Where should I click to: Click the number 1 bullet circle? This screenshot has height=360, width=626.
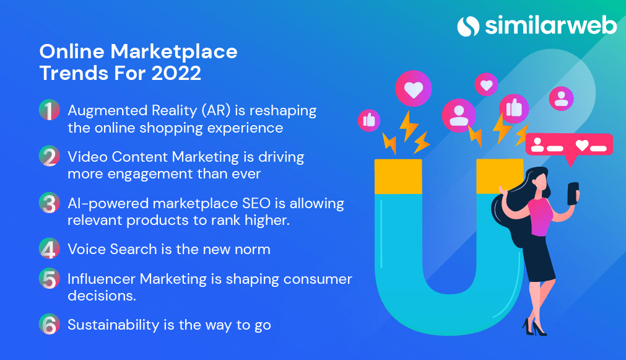(50, 112)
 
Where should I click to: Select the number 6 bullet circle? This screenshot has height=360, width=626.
(50, 325)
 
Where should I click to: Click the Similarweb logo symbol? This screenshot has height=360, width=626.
(469, 26)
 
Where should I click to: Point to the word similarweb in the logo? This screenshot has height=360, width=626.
(550, 26)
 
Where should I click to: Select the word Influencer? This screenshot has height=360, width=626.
(101, 279)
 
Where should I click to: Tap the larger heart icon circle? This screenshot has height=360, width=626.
(414, 90)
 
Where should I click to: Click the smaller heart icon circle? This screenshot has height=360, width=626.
(487, 84)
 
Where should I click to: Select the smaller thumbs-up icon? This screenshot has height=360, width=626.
(369, 120)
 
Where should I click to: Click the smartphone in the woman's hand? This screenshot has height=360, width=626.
(573, 192)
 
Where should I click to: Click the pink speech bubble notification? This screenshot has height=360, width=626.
(568, 146)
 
